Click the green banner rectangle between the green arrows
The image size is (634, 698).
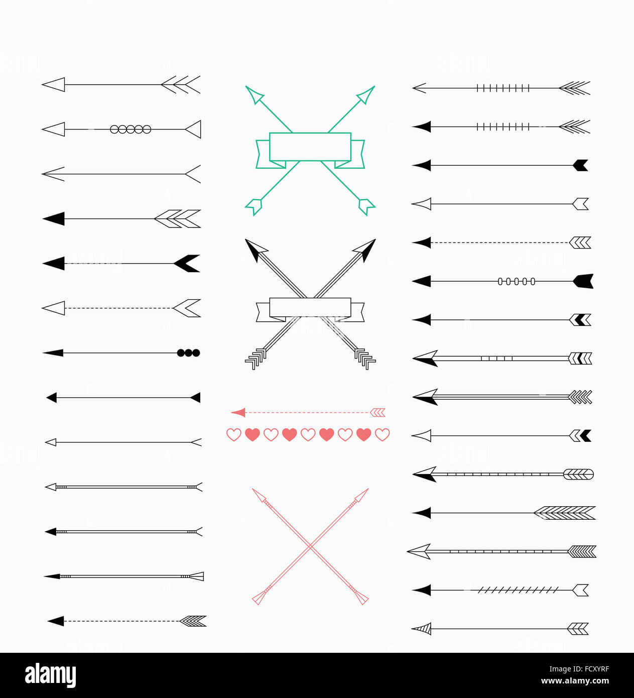tap(310, 147)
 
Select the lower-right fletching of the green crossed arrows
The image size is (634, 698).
tap(366, 206)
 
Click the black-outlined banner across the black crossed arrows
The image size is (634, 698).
tap(310, 307)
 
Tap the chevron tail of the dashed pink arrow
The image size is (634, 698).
tap(377, 413)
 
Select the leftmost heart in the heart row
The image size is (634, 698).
tap(234, 434)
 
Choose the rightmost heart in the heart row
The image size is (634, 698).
tap(383, 434)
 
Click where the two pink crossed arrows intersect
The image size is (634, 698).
tap(310, 546)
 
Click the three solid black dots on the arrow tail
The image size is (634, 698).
tap(189, 353)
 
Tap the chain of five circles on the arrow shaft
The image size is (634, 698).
tap(131, 130)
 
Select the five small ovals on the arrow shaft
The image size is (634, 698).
tap(517, 282)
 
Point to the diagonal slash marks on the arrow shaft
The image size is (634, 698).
tap(518, 590)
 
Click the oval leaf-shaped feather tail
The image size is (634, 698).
tap(578, 474)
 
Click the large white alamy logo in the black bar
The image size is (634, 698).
tap(50, 675)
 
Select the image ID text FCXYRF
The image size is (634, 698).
tap(579, 669)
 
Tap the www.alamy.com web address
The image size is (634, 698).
tap(575, 681)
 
